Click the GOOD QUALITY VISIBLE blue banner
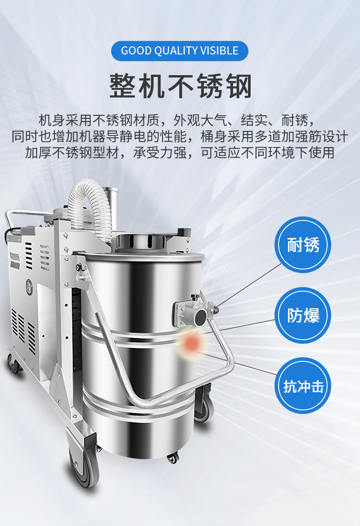pyautogui.click(x=180, y=51)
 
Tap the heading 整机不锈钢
pyautogui.click(x=180, y=86)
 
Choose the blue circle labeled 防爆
pyautogui.click(x=303, y=315)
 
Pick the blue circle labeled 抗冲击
pyautogui.click(x=303, y=386)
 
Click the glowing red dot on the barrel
pyautogui.click(x=192, y=343)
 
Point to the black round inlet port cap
pyautogui.click(x=201, y=316)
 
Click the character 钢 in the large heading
pyautogui.click(x=238, y=86)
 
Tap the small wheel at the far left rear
pyautogui.click(x=13, y=364)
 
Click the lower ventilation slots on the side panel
pyautogui.click(x=23, y=330)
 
